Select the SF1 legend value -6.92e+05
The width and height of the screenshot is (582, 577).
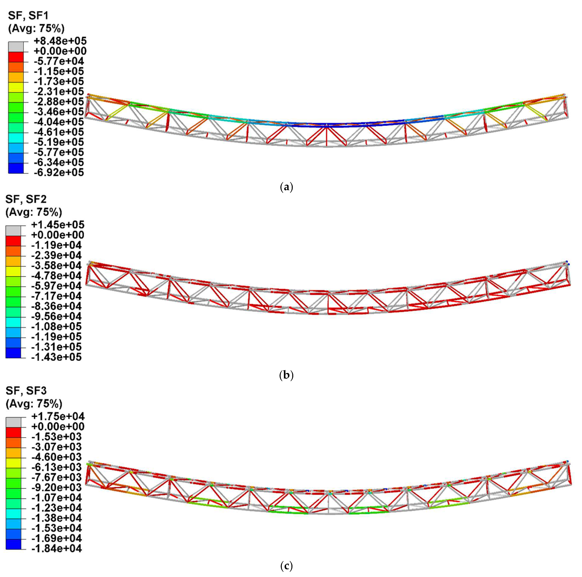[59, 172]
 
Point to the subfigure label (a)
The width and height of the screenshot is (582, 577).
[286, 187]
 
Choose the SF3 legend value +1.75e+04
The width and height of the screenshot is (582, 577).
[58, 416]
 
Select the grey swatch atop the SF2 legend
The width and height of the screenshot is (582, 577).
[13, 231]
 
